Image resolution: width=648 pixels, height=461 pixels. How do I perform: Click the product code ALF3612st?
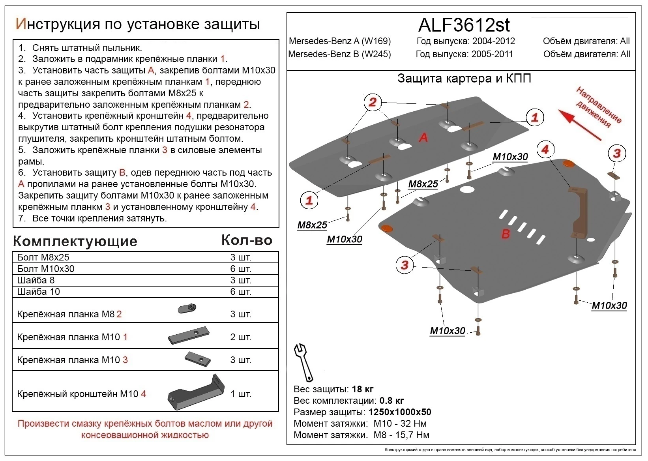coord(464,25)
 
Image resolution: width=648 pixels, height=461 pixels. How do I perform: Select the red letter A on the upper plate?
coord(423,137)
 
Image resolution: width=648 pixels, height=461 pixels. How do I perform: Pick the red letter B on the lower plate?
coord(506,234)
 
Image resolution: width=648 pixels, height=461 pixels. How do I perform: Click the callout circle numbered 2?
coord(373,103)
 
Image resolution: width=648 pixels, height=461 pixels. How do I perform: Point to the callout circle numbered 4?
coord(545,149)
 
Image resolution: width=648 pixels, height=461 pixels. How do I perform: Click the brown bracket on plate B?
coord(579,213)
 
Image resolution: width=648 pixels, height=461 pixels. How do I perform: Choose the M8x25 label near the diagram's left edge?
coord(312,225)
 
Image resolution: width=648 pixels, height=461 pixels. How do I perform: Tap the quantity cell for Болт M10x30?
coord(240,269)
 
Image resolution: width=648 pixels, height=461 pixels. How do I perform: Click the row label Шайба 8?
coord(36,280)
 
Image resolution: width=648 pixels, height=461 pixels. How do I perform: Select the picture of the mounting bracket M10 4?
coord(196,393)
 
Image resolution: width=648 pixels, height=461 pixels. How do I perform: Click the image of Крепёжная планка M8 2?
coord(187,308)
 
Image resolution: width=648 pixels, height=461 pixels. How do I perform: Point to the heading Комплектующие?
coord(75,241)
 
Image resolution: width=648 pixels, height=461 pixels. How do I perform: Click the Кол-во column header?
coord(247,240)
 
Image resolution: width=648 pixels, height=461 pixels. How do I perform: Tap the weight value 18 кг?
coord(362,389)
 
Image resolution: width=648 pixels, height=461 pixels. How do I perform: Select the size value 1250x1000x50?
coord(399,412)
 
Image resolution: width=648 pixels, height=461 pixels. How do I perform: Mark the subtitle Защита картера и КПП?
coord(464,79)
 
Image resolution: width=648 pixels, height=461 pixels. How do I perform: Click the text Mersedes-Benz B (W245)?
coord(339,54)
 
